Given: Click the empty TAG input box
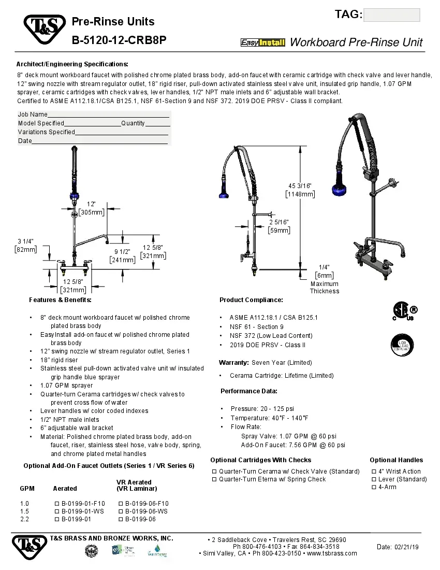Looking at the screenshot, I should [392, 15].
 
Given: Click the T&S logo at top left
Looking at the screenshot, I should [45, 30].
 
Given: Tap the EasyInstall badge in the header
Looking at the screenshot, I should [263, 42].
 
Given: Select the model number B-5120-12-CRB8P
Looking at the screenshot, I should [119, 40].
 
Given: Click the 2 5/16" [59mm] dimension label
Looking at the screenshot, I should [279, 226].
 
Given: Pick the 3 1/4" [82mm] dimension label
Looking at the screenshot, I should [26, 245].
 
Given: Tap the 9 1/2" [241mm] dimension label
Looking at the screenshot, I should [122, 256].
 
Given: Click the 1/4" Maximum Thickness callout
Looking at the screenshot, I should [325, 279].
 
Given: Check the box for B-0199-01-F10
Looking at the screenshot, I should [57, 504].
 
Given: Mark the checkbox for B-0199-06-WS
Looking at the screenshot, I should [121, 511].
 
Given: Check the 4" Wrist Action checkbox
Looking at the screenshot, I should [374, 472].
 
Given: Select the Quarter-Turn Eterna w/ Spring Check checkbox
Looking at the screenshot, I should [214, 479].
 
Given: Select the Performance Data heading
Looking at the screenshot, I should [248, 391].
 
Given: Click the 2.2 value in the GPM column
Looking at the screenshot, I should [25, 519].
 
